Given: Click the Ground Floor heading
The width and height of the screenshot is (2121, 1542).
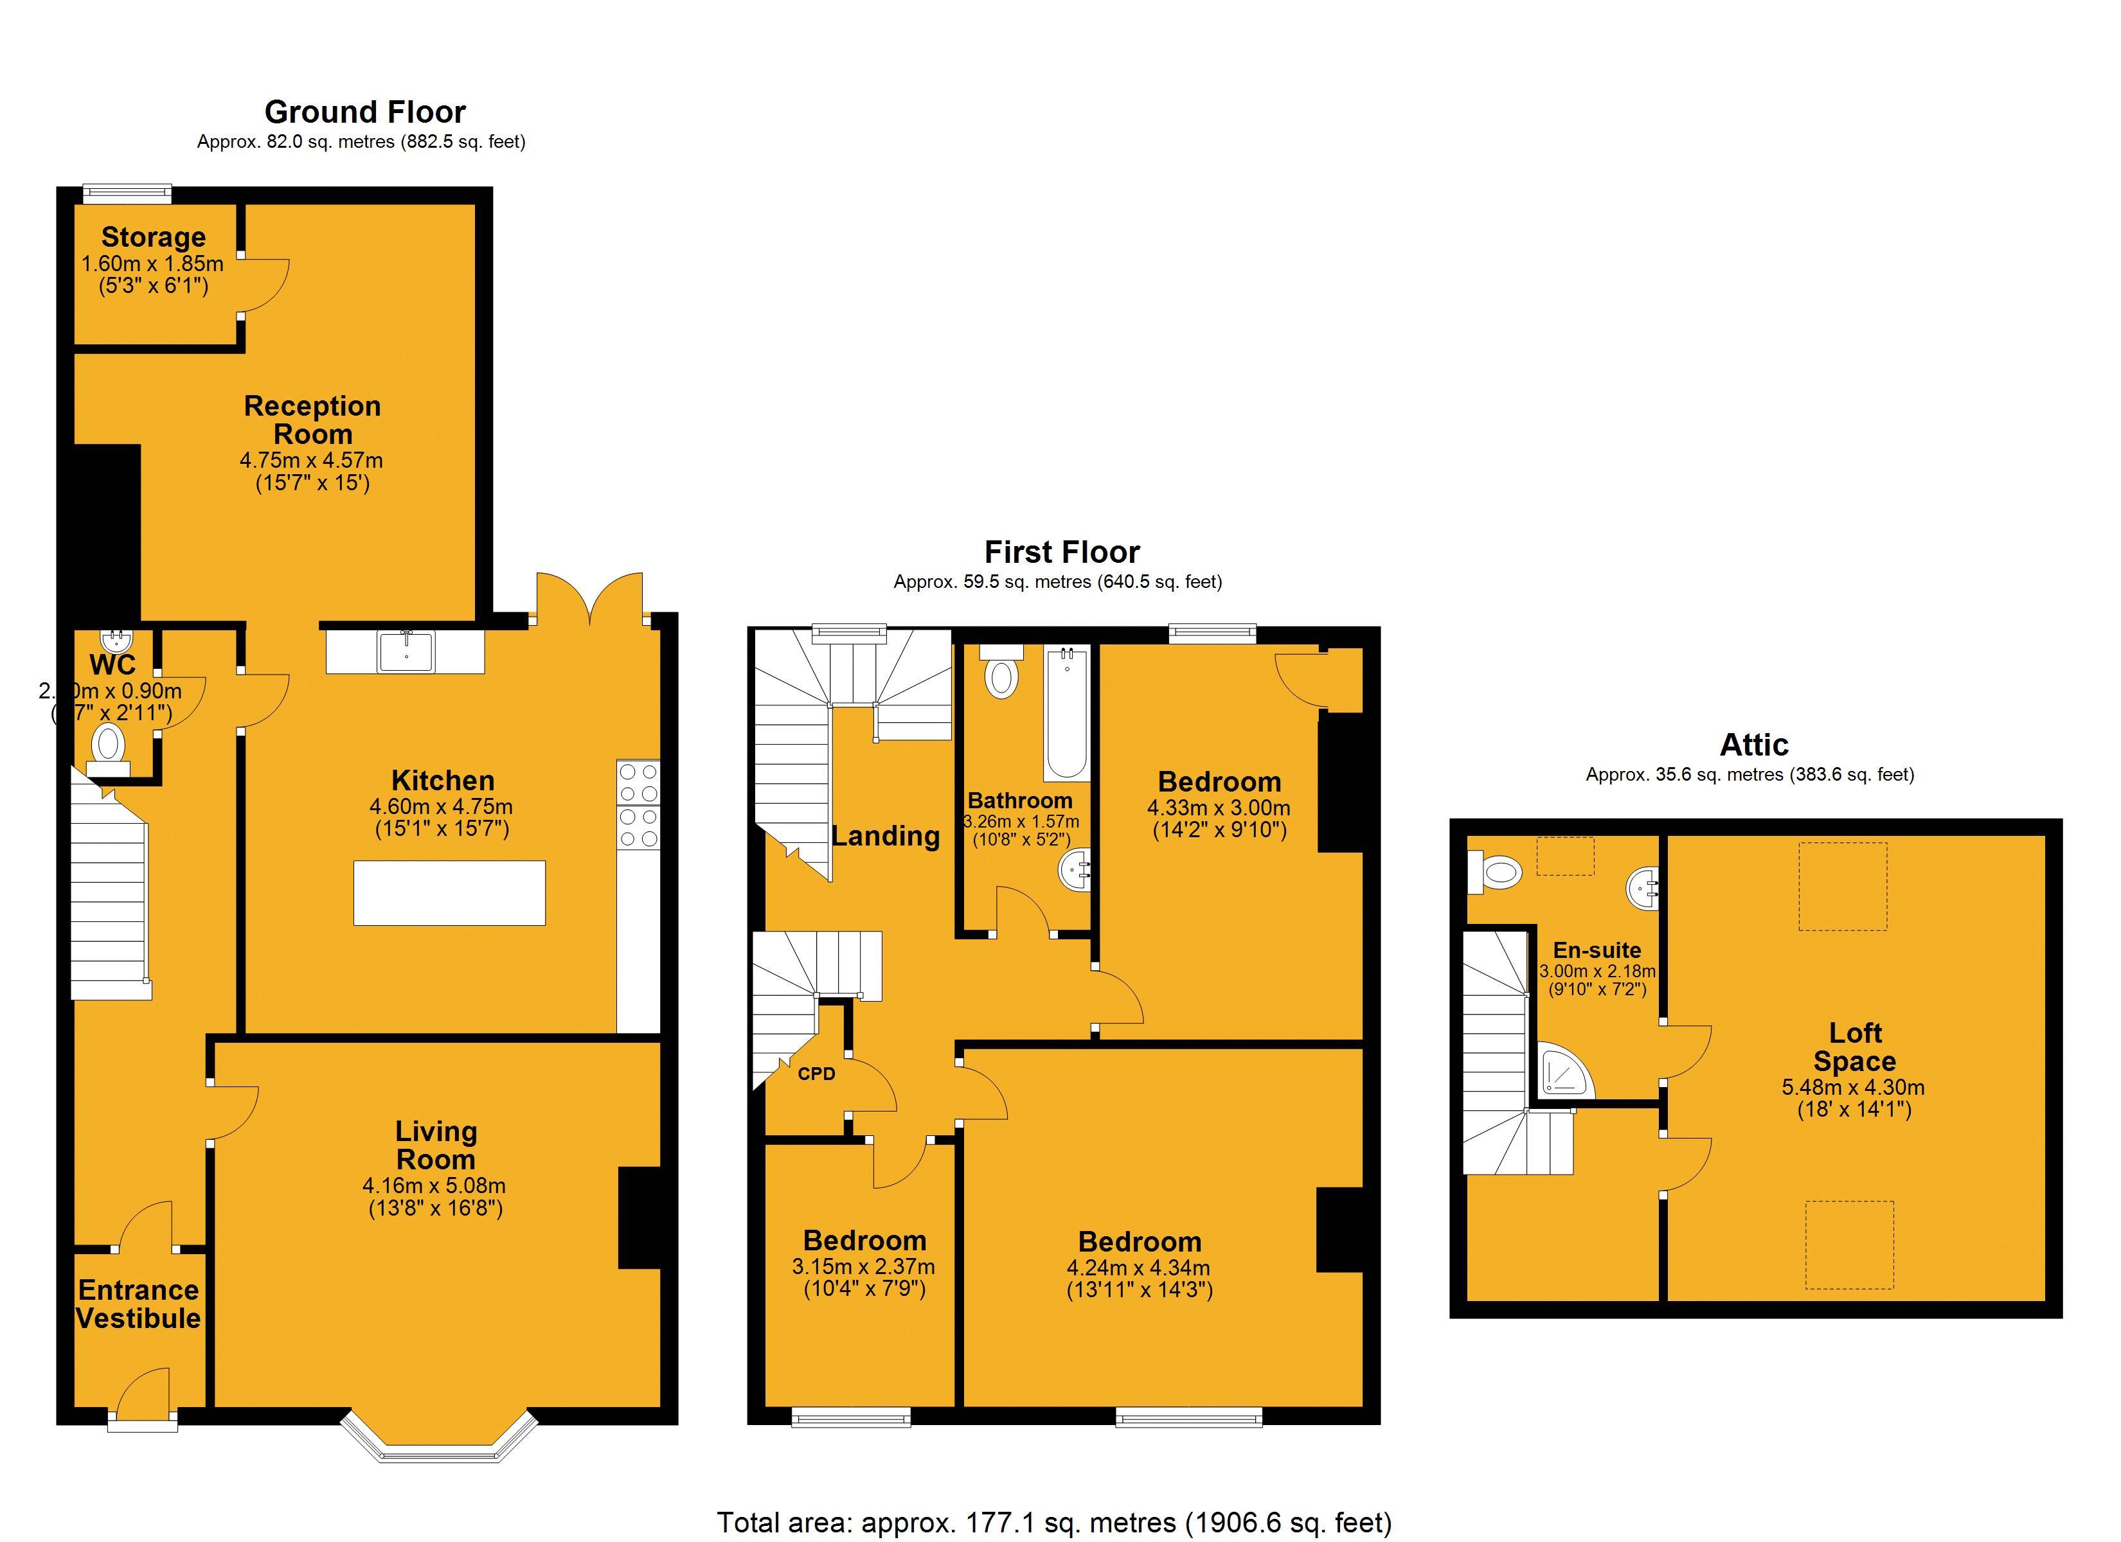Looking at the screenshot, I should (364, 112).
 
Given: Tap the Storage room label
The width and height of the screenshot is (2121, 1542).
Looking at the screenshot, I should (154, 238).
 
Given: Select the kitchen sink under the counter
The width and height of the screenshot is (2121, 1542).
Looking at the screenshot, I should (406, 651).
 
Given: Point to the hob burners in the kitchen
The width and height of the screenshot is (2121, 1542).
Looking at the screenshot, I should (639, 805).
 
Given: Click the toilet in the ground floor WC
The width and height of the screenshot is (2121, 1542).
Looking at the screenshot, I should (109, 746).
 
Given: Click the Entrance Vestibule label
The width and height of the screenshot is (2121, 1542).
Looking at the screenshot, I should (138, 1304).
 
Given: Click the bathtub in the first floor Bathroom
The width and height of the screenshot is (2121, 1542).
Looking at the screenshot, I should (1066, 715).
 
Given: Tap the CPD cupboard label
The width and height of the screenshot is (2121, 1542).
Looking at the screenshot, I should (816, 1074).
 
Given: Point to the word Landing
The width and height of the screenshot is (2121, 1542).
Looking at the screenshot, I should (886, 835).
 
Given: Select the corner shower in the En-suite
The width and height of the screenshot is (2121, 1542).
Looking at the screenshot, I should (1564, 1074).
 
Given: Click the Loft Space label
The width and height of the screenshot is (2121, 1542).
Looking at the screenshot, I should (1854, 1047).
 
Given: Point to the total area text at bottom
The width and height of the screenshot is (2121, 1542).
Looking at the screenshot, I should (1054, 1521).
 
